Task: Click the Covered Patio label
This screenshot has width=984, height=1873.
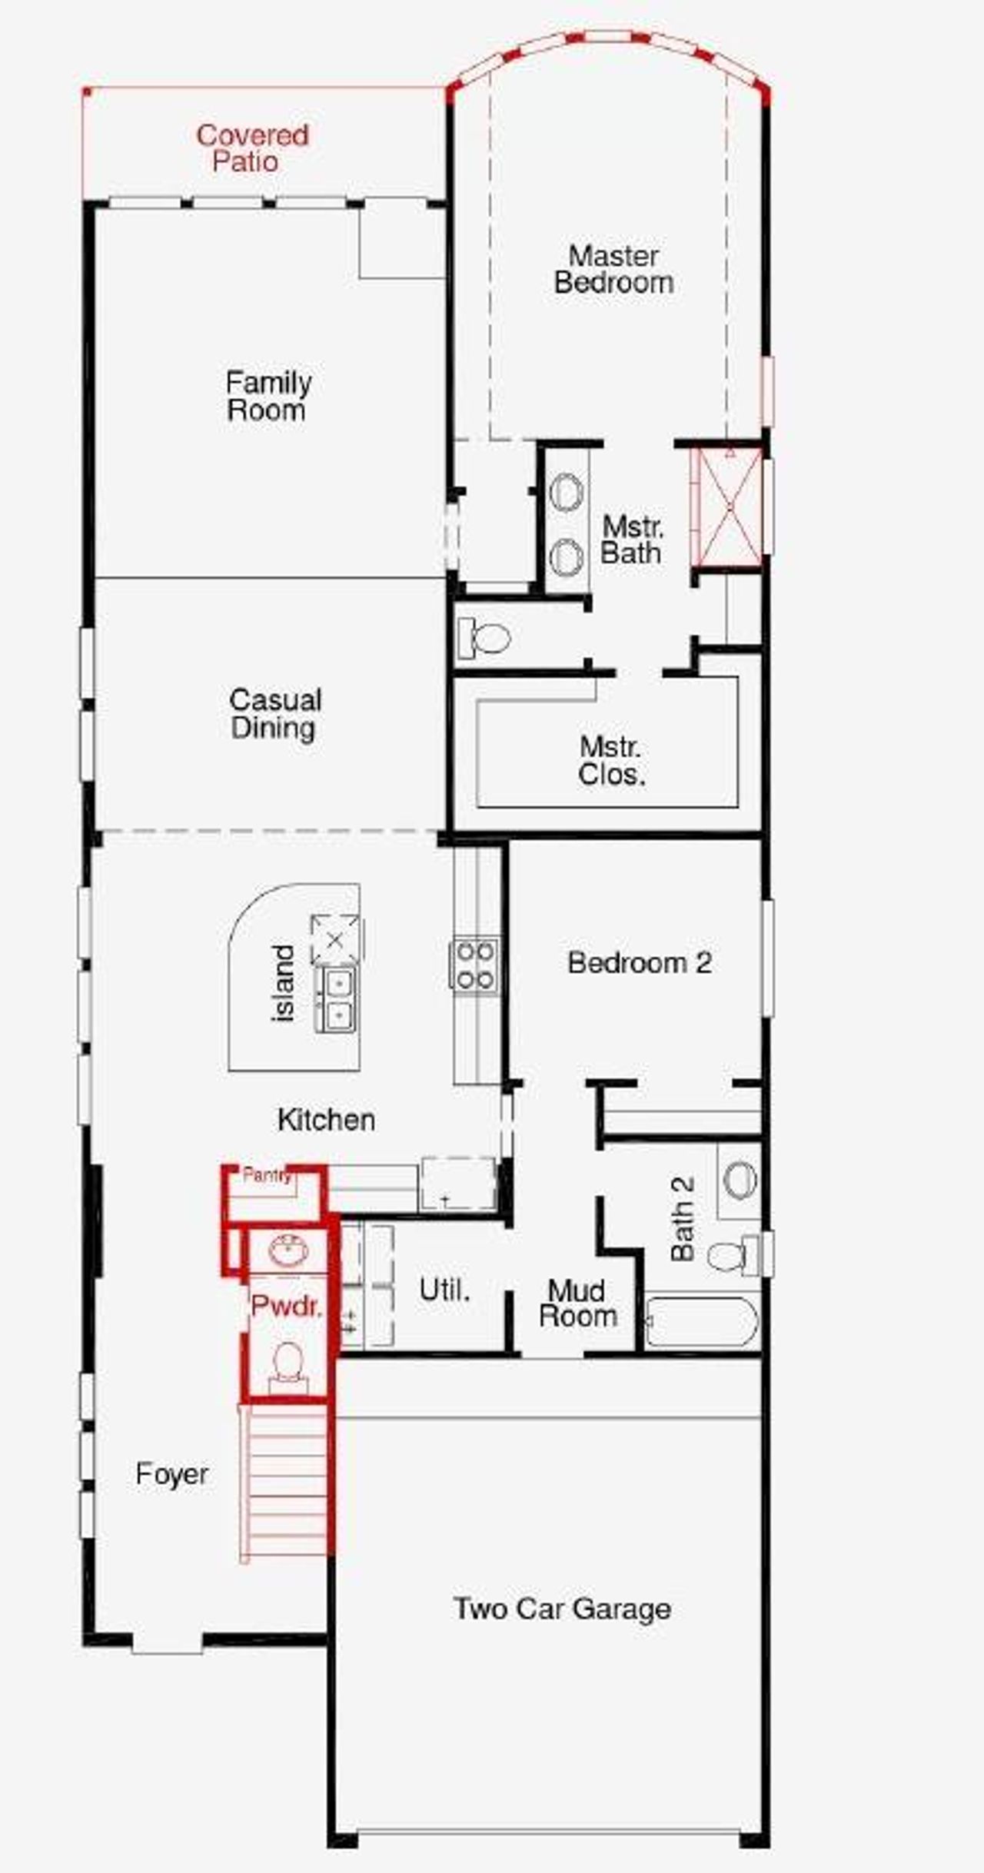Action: (x=251, y=148)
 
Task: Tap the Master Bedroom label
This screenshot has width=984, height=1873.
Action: (x=613, y=269)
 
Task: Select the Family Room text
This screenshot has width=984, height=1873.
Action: (x=268, y=396)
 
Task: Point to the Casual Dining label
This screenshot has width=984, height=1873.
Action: (x=274, y=713)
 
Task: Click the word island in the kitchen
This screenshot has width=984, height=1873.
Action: (x=284, y=982)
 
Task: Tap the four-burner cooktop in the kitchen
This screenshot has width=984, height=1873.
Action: (x=474, y=965)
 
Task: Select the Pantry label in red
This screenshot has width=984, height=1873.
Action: (x=266, y=1175)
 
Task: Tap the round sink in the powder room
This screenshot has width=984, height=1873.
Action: (x=288, y=1250)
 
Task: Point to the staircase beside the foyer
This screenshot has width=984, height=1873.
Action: (x=284, y=1482)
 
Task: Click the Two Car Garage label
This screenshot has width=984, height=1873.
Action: (x=562, y=1609)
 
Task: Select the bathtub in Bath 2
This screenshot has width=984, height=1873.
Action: (x=701, y=1322)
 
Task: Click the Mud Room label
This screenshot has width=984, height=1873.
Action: (x=577, y=1303)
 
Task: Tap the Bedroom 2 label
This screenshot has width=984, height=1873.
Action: (x=639, y=962)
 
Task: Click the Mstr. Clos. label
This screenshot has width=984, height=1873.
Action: (x=611, y=761)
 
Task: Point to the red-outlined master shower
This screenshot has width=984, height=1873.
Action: (x=726, y=507)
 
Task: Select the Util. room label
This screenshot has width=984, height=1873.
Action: (x=444, y=1290)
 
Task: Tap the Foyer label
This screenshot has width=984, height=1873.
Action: (x=171, y=1474)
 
